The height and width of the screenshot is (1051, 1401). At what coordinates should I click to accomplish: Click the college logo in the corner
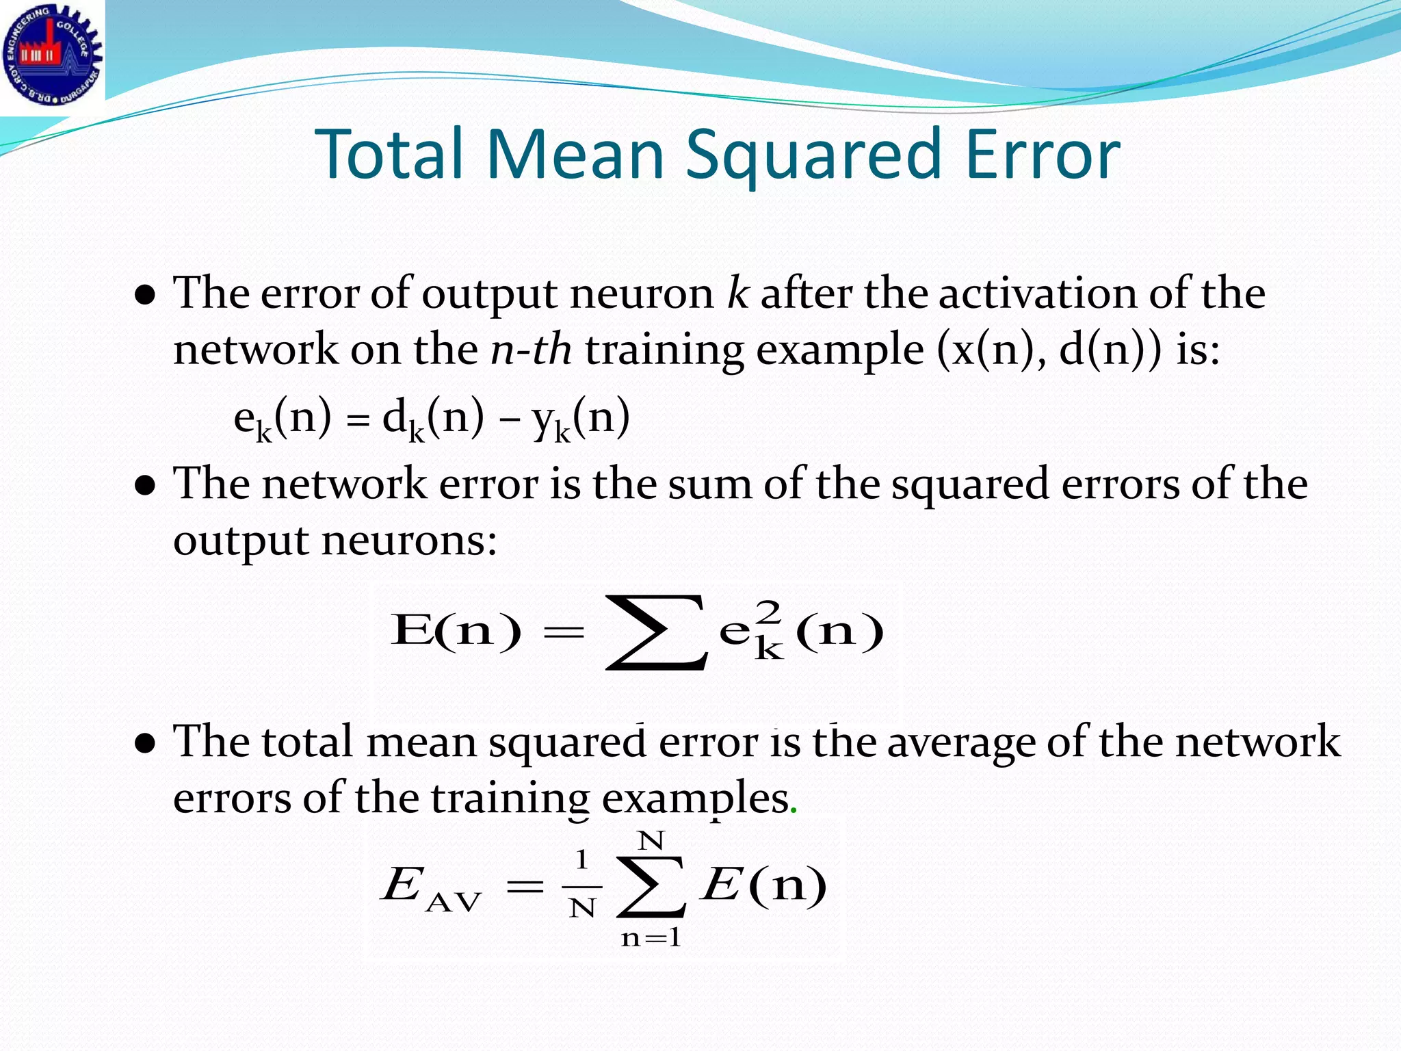pos(52,55)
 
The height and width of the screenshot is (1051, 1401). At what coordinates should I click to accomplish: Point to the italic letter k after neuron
pos(737,293)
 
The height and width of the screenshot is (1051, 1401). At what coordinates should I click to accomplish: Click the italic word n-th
pos(531,350)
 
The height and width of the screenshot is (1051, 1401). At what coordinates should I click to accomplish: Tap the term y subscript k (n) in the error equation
pos(581,419)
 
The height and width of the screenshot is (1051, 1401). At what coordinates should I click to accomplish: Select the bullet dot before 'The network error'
pos(144,486)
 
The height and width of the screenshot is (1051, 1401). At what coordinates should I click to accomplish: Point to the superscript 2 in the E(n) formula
pos(769,610)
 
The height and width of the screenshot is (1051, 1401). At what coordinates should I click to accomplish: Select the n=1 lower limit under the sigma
pos(651,937)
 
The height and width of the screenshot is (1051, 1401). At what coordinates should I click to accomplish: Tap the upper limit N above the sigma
pos(651,840)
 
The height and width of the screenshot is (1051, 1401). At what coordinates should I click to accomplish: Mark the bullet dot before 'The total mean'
pos(144,744)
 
